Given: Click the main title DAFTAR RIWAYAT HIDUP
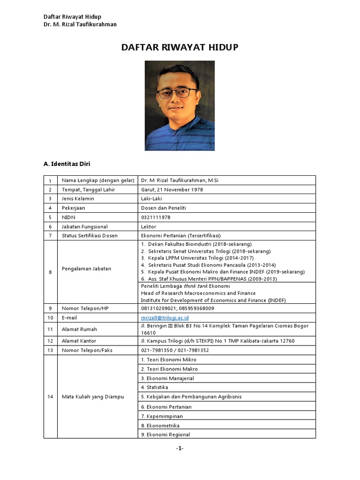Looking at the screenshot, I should [180, 47].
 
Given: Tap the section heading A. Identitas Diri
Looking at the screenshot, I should [67, 164].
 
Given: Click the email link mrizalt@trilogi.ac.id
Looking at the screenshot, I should [165, 317].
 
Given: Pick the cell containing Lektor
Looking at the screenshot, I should [149, 226].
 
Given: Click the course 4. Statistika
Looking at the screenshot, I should [154, 388].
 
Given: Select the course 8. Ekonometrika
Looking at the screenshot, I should [161, 425].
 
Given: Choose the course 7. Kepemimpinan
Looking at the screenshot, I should [162, 416].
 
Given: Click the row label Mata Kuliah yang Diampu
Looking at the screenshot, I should [93, 397].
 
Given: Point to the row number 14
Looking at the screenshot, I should [50, 397].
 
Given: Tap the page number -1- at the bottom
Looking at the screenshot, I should [180, 448].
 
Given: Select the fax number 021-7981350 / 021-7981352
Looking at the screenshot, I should [175, 350].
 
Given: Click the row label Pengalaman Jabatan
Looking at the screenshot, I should [86, 269].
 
